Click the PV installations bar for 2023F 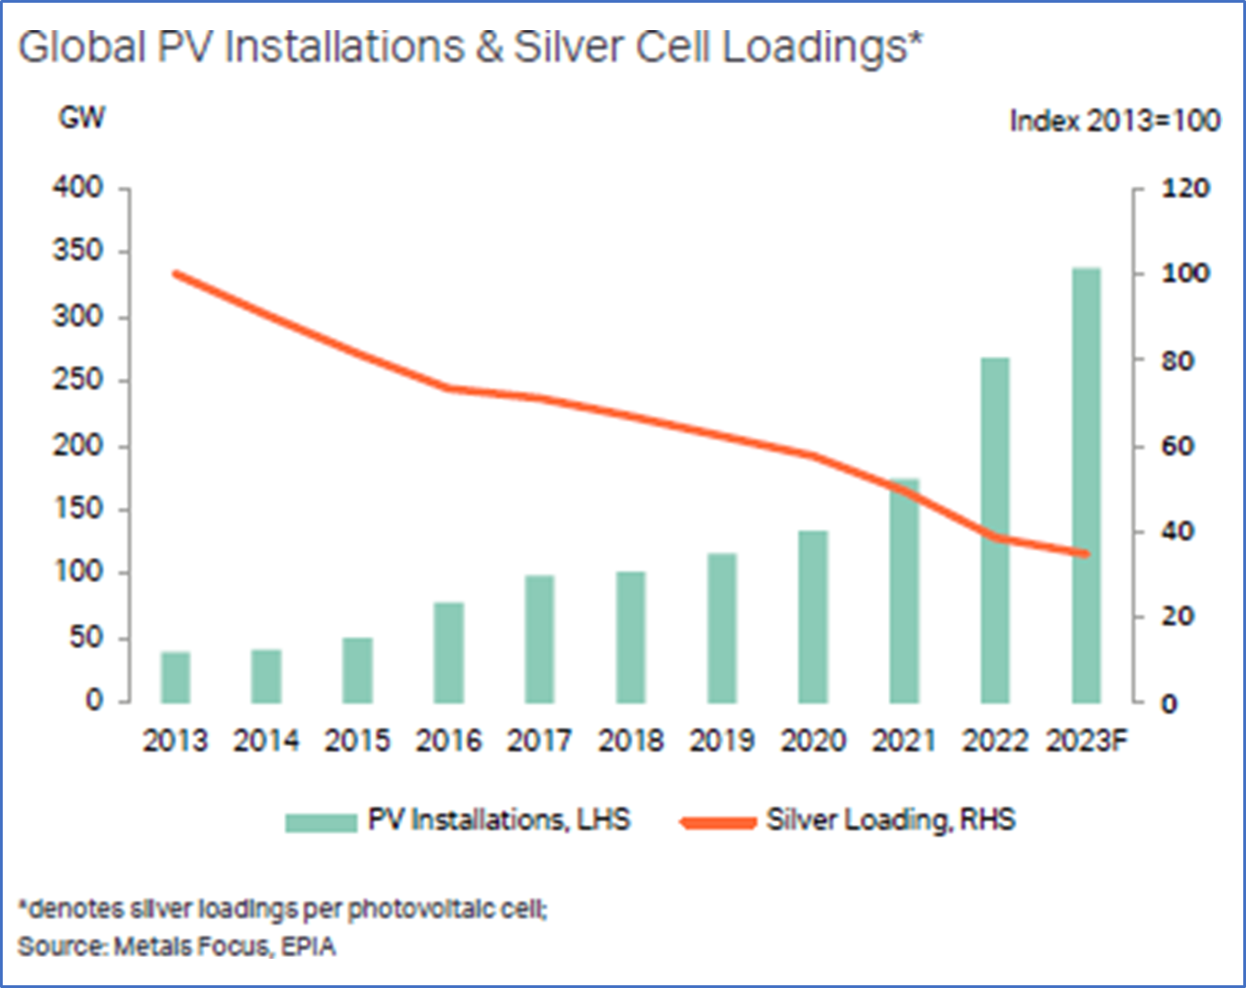(1086, 485)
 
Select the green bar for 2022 (994, 530)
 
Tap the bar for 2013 (175, 678)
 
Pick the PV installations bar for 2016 (449, 653)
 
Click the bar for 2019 (722, 628)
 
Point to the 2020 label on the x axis (813, 740)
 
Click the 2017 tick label (539, 740)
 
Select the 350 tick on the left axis (78, 250)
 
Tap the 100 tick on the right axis (1186, 273)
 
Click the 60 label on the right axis (1177, 446)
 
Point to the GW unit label (81, 117)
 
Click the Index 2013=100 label (1114, 121)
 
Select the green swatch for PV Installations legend (320, 821)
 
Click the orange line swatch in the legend (719, 821)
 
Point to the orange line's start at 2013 (176, 273)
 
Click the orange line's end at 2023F (1086, 553)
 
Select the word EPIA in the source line (309, 946)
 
